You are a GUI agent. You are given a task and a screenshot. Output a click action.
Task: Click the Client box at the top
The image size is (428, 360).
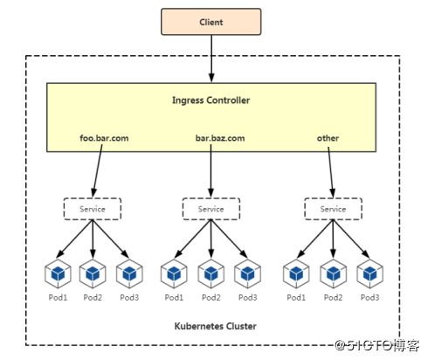[211, 22]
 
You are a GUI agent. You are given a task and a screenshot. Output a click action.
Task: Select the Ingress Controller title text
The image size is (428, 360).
[211, 100]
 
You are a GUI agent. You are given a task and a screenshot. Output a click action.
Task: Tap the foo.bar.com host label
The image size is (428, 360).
[104, 138]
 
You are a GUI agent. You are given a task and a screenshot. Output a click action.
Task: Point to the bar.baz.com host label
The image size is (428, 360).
[220, 138]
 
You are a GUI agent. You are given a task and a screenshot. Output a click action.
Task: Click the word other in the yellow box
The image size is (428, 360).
[328, 138]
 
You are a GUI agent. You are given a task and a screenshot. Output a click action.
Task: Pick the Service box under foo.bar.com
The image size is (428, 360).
[93, 209]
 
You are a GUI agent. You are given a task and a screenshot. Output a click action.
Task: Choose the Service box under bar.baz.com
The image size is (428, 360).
[211, 209]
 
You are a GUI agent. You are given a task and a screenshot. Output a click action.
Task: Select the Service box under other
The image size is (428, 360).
[334, 209]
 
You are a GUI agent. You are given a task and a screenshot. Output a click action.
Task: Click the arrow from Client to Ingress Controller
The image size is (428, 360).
[211, 59]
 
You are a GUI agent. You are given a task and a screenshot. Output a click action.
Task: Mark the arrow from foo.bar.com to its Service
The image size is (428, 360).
[98, 171]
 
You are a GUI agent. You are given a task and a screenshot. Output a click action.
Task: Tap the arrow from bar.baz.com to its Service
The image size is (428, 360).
[211, 171]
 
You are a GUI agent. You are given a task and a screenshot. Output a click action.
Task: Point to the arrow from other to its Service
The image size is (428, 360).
[331, 172]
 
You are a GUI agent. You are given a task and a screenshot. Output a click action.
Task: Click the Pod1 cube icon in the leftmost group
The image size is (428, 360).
[58, 273]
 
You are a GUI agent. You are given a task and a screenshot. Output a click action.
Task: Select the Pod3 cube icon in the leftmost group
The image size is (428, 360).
[129, 273]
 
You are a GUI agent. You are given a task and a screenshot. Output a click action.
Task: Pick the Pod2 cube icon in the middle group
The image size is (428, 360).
[211, 273]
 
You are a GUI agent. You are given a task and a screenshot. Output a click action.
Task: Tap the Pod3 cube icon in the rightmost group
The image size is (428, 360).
[370, 273]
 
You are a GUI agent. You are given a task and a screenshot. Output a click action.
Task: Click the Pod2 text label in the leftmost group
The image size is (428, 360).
[93, 297]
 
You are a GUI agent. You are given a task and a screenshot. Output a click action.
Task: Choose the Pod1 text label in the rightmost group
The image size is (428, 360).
[296, 297]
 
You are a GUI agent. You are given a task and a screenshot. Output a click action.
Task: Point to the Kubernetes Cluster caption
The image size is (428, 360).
[216, 326]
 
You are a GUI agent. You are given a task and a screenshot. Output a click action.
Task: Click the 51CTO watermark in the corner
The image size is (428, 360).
[377, 346]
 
